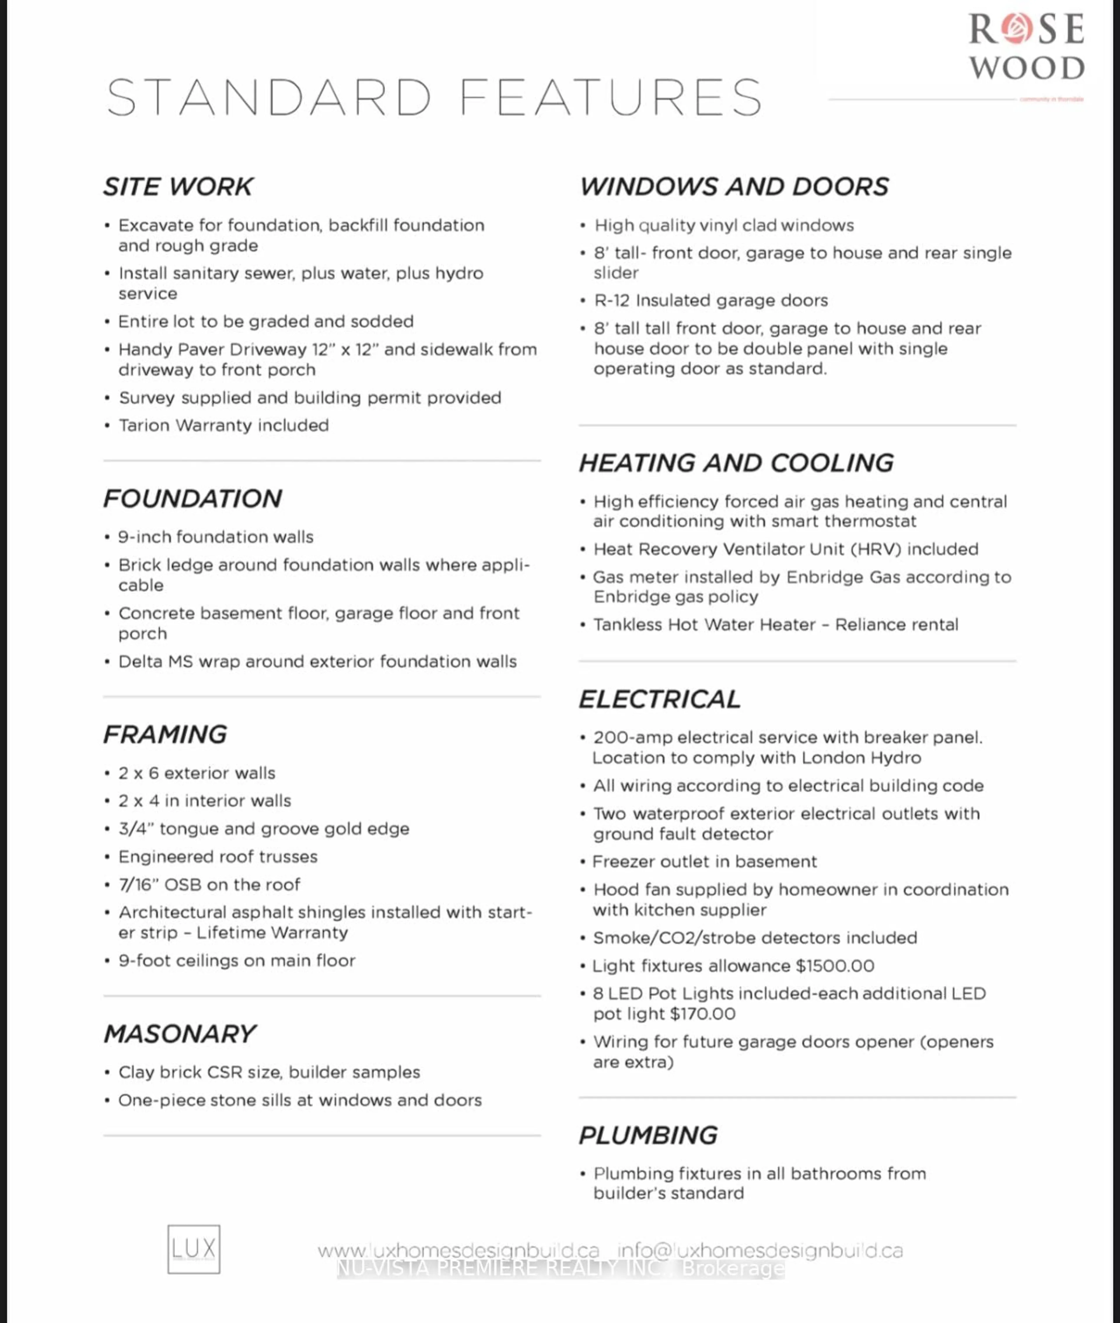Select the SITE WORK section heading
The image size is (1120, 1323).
[178, 187]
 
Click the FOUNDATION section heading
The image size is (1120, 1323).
[192, 498]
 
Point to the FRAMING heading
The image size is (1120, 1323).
[165, 735]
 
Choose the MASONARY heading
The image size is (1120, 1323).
[180, 1034]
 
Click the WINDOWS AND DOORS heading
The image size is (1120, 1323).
[734, 187]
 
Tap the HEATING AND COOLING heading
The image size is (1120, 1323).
[736, 463]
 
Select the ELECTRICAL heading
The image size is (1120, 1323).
[660, 699]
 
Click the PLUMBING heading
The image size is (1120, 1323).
[648, 1135]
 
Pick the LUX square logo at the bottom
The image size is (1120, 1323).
[194, 1249]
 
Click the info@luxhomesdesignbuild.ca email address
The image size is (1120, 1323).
[759, 1251]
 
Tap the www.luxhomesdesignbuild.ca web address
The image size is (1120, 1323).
[459, 1251]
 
